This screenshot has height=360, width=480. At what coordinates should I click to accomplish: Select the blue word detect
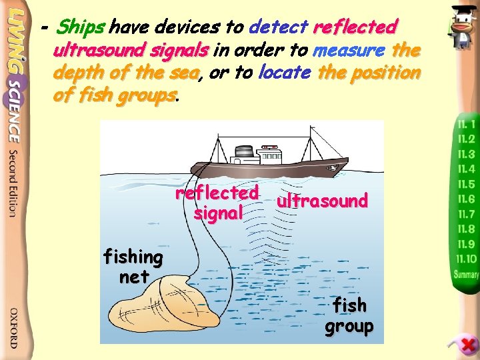tap(276, 27)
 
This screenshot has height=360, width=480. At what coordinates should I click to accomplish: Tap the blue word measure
tap(349, 50)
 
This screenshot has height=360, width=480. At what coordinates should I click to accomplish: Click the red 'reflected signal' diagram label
tap(217, 203)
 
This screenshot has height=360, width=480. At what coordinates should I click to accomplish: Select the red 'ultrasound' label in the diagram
tap(322, 201)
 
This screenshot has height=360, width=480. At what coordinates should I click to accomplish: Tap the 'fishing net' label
tap(133, 267)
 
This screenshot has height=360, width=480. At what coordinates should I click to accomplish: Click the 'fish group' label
tap(349, 315)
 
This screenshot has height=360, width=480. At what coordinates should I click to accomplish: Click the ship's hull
tap(267, 167)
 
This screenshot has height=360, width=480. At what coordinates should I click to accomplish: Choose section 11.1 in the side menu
tap(465, 124)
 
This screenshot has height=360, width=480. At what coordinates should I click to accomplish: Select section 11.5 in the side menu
tap(465, 184)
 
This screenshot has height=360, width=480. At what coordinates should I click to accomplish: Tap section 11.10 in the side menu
tap(467, 259)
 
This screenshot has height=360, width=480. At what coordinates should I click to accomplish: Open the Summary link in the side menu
tap(466, 274)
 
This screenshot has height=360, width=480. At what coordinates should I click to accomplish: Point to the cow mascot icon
tap(461, 27)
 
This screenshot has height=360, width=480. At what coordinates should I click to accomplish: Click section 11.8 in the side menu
tap(465, 229)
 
